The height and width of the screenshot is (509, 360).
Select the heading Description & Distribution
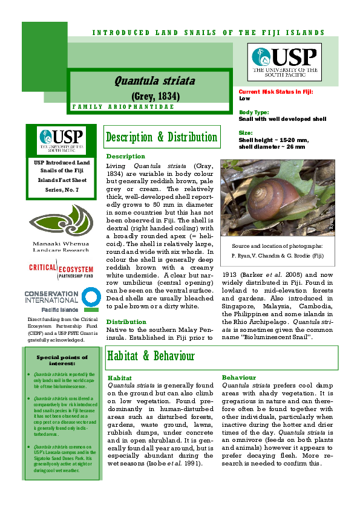tap(162, 137)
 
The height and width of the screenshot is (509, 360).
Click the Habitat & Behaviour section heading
tap(151, 356)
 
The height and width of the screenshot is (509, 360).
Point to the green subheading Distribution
tap(126, 322)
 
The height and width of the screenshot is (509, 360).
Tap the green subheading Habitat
tap(119, 377)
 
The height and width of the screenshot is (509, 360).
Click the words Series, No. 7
tap(61, 190)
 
